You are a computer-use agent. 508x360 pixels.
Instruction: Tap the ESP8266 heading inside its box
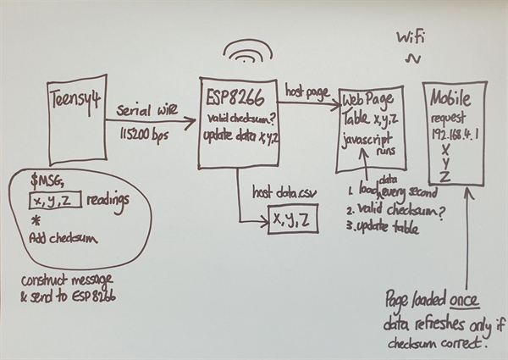[234, 97]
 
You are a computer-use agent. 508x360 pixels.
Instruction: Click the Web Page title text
[370, 101]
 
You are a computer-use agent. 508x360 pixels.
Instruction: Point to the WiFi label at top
[412, 37]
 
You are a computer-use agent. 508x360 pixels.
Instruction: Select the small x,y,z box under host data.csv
[293, 219]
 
